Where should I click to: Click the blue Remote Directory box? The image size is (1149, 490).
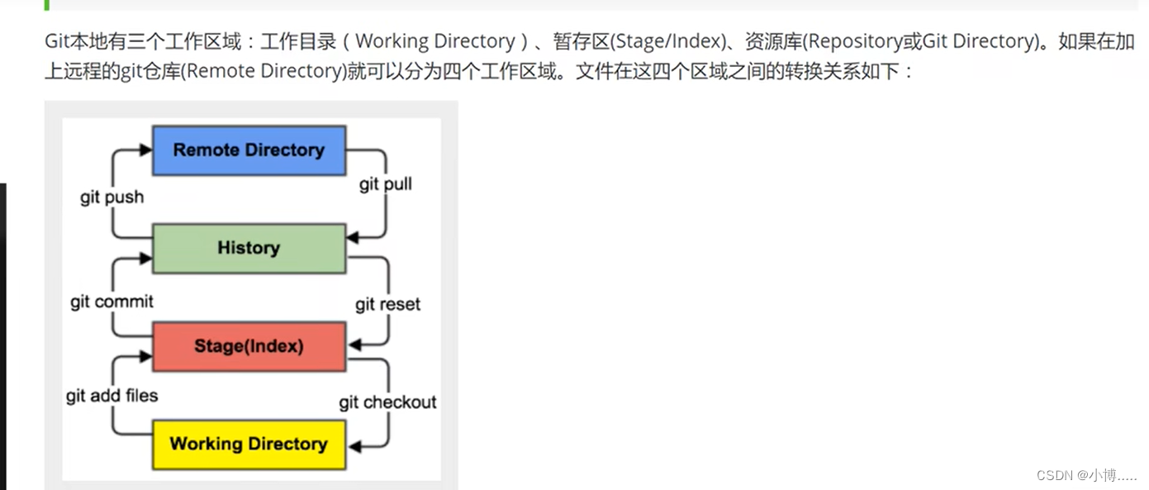(249, 150)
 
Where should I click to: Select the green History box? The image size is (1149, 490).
(249, 248)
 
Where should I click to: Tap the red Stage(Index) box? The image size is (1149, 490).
(249, 346)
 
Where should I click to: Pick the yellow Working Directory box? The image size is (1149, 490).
(249, 444)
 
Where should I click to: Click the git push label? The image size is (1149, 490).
(112, 197)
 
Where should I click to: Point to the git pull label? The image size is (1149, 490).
(385, 183)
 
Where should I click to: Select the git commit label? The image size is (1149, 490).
(112, 302)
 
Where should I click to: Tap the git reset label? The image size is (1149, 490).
(387, 304)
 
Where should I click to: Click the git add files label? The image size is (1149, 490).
(112, 396)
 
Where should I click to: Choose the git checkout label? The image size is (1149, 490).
(387, 402)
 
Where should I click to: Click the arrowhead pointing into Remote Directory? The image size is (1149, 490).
(146, 150)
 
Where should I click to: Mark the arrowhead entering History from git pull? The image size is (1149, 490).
(353, 238)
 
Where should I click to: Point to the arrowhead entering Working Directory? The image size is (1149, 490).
(353, 446)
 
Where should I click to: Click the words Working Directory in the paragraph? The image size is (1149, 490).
(434, 41)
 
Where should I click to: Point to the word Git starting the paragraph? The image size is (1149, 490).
(58, 41)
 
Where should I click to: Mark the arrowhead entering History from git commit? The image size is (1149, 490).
(146, 259)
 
